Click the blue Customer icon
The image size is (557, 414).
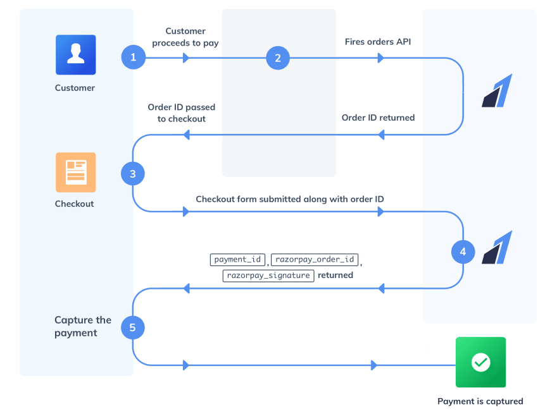(x=75, y=55)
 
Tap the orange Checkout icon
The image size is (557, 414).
(x=75, y=172)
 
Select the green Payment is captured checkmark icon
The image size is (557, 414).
(x=480, y=362)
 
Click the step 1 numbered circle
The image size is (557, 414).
(x=133, y=58)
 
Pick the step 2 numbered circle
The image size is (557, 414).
(x=277, y=58)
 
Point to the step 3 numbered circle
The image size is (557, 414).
(x=133, y=174)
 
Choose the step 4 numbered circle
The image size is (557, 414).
(x=463, y=252)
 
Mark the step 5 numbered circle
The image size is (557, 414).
(x=133, y=327)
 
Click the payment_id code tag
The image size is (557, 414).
(x=237, y=260)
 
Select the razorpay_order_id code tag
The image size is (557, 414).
(x=315, y=260)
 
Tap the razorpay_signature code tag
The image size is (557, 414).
(x=268, y=276)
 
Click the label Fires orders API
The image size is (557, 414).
(x=378, y=42)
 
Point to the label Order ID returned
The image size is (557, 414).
(x=378, y=118)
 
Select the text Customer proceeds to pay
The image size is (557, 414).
(x=185, y=37)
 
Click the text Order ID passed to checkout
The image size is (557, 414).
(x=177, y=113)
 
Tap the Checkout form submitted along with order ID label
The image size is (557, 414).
(x=290, y=199)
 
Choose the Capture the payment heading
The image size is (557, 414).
(x=83, y=327)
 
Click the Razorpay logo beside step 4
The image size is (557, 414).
(x=498, y=248)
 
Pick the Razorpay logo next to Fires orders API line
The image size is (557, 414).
(x=498, y=91)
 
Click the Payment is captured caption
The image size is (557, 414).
(x=480, y=401)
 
